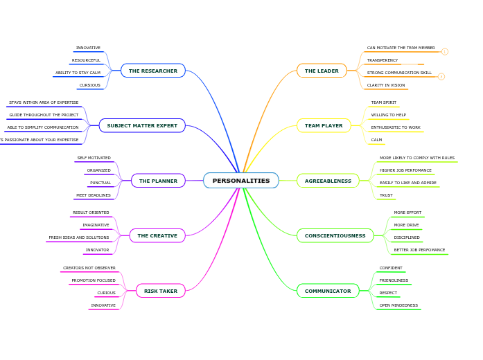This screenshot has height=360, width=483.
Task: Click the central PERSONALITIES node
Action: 241,181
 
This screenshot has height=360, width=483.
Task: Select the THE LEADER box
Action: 322,71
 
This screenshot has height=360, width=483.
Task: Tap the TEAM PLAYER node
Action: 324,125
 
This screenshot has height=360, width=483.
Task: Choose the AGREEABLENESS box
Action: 328,181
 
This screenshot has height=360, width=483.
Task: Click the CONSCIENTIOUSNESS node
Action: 335,235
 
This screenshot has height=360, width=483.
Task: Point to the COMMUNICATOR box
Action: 328,291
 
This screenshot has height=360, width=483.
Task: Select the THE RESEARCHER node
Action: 153,71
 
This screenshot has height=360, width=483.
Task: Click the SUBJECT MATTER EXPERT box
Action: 142,125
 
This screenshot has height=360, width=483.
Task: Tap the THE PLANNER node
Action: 158,181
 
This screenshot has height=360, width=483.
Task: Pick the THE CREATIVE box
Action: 157,235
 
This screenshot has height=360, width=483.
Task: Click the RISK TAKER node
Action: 161,291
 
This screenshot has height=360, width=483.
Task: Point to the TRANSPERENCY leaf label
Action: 383,60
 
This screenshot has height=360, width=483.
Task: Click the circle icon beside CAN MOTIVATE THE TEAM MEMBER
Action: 445,51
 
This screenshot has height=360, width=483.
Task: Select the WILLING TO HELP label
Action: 389,115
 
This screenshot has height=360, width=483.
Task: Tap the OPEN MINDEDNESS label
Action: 398,305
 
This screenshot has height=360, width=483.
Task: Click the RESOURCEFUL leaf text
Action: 87,60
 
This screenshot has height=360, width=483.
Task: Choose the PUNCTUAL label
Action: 100,183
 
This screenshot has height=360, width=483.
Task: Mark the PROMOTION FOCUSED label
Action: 94,280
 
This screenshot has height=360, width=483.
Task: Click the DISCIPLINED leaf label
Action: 407,237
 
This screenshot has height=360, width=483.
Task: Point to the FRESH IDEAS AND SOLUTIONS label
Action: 79,237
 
